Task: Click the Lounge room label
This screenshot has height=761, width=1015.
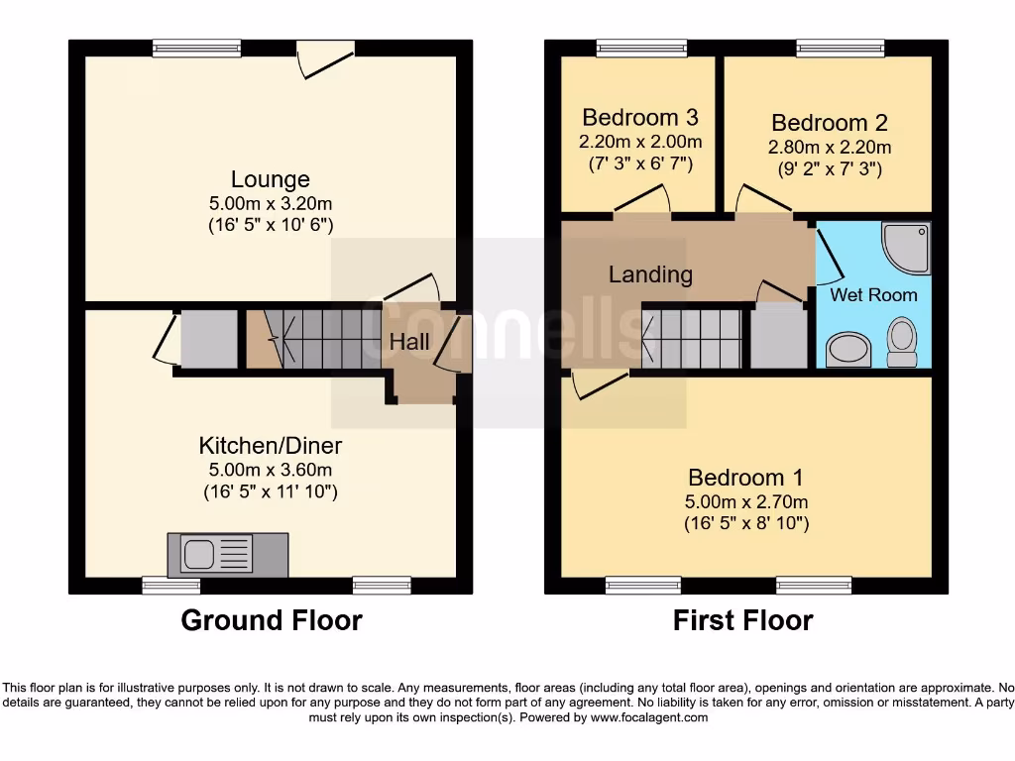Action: (x=270, y=179)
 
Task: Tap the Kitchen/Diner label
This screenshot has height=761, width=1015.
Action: (x=271, y=445)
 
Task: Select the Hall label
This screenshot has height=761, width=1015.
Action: (x=409, y=342)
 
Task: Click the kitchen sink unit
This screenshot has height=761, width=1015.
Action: (x=227, y=554)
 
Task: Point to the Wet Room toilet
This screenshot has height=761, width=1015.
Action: (x=902, y=337)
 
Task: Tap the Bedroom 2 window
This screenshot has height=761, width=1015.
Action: (x=841, y=47)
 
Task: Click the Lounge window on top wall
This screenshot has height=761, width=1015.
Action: (x=196, y=47)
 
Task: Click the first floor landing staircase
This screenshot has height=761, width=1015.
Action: (x=692, y=338)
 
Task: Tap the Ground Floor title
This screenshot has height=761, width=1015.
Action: (x=271, y=620)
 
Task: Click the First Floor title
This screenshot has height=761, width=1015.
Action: (x=742, y=620)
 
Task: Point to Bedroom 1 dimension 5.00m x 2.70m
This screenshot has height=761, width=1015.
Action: (x=745, y=501)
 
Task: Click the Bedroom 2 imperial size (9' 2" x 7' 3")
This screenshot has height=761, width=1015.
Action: (x=830, y=168)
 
